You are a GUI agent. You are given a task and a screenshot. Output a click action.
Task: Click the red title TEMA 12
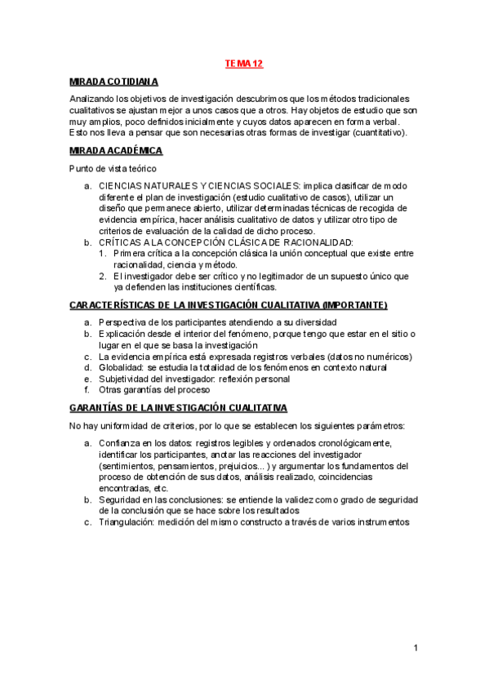[243, 63]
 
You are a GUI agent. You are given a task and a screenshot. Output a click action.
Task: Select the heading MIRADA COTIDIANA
[113, 82]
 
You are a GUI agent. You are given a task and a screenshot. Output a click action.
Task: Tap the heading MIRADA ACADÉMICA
[116, 151]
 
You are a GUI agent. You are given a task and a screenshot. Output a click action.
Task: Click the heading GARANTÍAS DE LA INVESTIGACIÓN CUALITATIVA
[178, 407]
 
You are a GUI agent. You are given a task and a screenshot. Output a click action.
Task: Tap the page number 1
[416, 648]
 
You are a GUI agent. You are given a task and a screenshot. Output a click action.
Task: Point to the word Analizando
[93, 99]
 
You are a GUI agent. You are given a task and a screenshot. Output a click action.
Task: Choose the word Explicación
[122, 334]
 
